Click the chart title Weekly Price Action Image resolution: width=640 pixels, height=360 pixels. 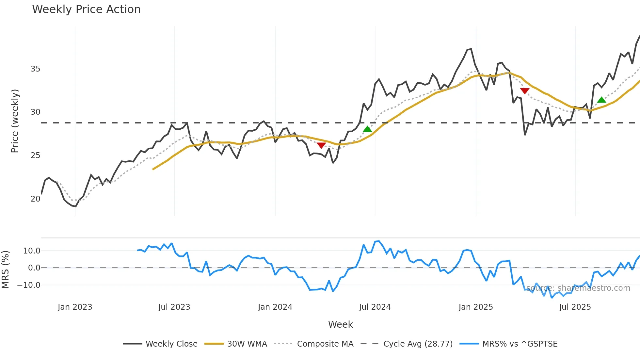(x=86, y=9)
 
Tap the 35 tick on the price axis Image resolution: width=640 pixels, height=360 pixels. (x=35, y=69)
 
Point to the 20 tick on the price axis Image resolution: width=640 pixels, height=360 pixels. (x=35, y=199)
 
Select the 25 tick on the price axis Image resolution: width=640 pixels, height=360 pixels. (x=35, y=155)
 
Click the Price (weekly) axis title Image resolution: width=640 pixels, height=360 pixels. (x=15, y=121)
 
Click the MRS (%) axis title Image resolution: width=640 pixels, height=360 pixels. (x=5, y=270)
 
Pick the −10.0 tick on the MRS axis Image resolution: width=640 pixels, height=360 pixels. (x=29, y=285)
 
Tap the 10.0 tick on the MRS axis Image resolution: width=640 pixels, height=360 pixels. (x=31, y=251)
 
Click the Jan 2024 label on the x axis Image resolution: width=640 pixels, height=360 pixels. (x=275, y=307)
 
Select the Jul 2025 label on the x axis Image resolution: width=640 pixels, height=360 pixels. (x=575, y=307)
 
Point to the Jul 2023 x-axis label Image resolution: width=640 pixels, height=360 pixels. (x=174, y=307)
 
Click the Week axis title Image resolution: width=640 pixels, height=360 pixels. (x=340, y=324)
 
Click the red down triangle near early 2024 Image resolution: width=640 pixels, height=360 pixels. (x=321, y=145)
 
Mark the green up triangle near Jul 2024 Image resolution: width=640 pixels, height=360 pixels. (x=367, y=129)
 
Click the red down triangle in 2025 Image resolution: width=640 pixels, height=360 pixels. (x=525, y=91)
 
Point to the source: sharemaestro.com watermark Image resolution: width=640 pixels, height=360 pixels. (x=578, y=288)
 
